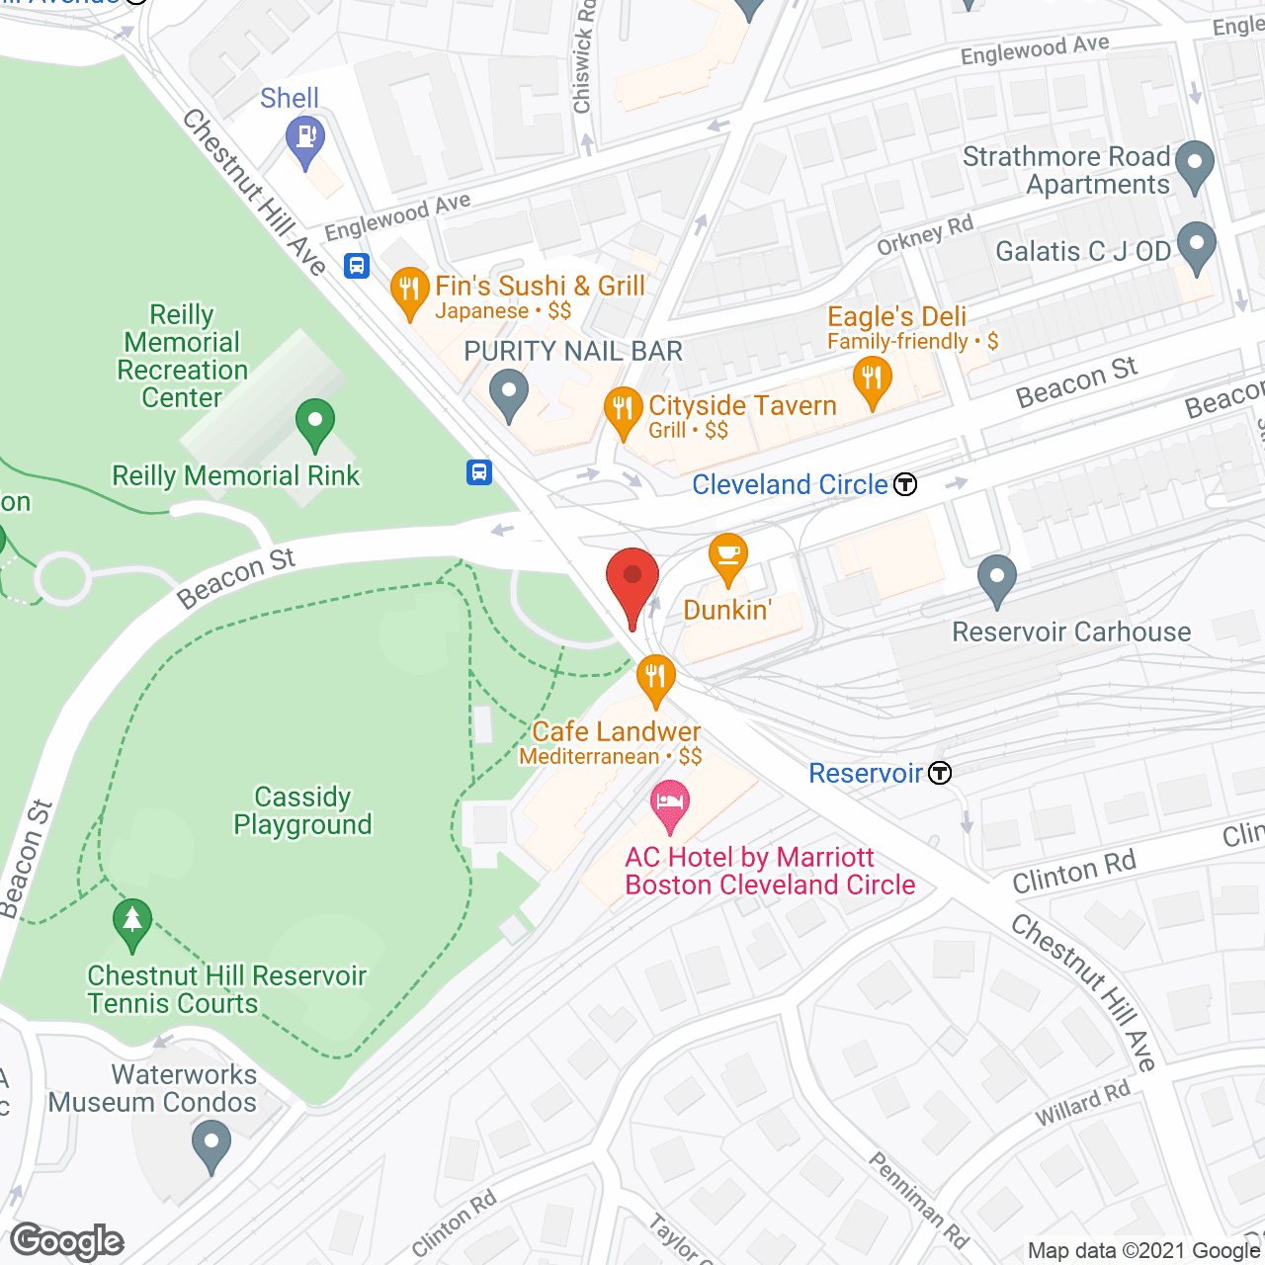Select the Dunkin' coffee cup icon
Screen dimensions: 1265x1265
727,557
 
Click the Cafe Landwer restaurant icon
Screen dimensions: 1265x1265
655,679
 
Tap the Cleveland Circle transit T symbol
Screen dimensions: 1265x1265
905,484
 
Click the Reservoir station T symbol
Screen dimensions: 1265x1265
940,773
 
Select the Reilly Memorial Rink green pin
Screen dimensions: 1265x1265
314,422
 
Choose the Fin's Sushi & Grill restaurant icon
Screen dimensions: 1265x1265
408,291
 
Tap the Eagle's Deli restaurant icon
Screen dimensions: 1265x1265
872,379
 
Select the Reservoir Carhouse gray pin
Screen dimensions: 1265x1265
996,577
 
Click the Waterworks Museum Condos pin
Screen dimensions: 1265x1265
211,1143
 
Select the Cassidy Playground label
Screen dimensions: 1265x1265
302,810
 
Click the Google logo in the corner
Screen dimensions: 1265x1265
67,1241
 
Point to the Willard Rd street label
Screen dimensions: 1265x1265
1082,1104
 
